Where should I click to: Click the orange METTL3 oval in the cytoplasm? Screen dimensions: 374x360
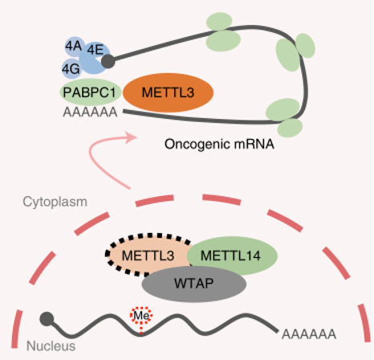point(168,92)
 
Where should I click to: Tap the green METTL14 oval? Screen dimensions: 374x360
point(232,256)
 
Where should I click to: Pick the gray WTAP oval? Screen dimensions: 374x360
point(194,284)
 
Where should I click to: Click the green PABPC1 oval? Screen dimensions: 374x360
point(90,92)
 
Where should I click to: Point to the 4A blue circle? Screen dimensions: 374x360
point(74,47)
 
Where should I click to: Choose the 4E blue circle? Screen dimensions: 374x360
point(95,58)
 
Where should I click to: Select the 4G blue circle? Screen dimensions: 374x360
point(71,69)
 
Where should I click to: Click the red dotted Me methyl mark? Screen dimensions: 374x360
point(141,316)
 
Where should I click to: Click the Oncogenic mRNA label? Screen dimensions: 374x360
point(219,144)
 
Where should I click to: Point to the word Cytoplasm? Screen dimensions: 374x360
point(55,202)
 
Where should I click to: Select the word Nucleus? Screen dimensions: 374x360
point(51,346)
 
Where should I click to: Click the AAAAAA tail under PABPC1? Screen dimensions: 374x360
point(90,112)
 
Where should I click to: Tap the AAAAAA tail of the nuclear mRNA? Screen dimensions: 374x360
point(309,334)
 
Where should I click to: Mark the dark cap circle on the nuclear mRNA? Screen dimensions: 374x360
point(47,319)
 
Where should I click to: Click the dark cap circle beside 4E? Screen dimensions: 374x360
point(108,61)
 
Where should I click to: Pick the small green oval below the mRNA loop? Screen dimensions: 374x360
point(290,128)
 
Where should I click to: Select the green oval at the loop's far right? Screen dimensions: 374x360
point(305,46)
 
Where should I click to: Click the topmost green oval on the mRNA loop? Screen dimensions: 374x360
point(219,21)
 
